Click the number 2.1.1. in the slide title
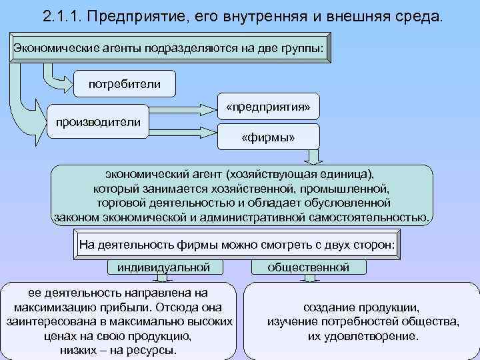click(64, 16)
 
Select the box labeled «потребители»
click(125, 85)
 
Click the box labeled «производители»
click(98, 122)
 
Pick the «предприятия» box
click(268, 107)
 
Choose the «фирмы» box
click(268, 138)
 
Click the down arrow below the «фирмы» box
click(314, 158)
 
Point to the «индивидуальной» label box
click(163, 267)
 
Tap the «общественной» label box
click(309, 267)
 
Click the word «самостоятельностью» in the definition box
click(372, 217)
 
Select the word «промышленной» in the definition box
click(351, 189)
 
